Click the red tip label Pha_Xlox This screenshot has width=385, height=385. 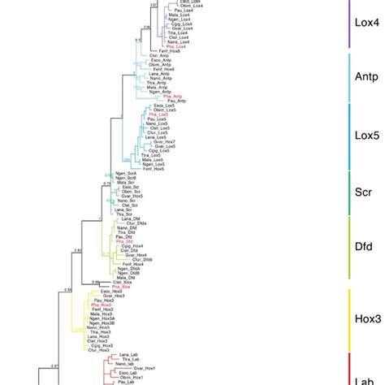pos(121,287)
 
